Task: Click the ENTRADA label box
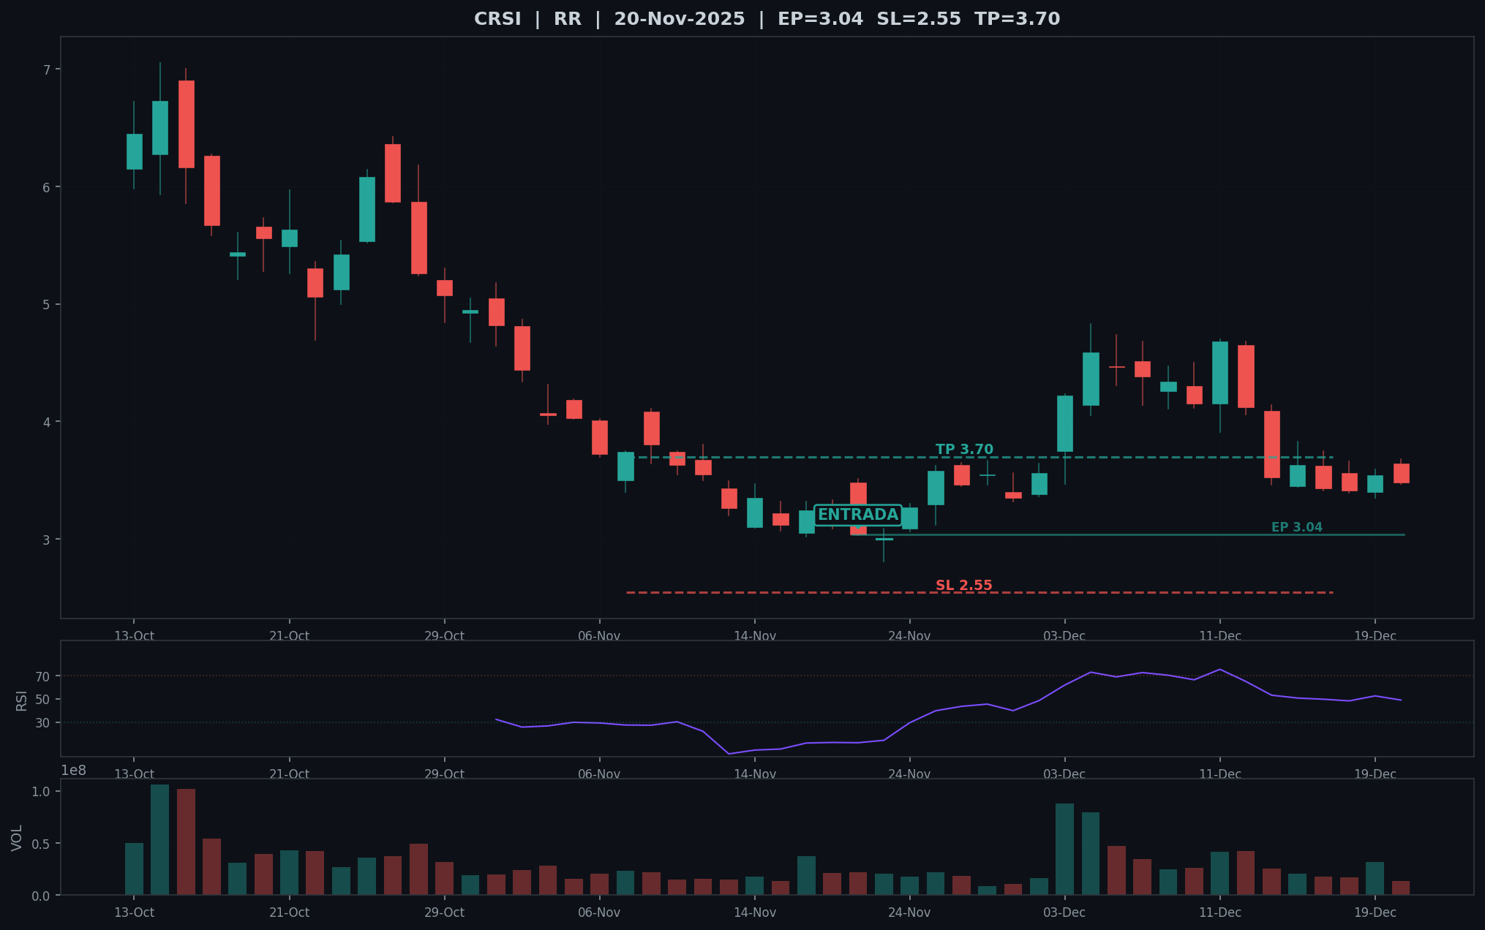coord(858,515)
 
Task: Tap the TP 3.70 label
coord(964,450)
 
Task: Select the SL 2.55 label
coord(964,586)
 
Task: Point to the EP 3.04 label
coord(1297,527)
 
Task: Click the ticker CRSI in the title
coord(497,19)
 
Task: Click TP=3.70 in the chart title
coord(1018,19)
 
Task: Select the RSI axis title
coord(21,700)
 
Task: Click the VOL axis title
coord(17,838)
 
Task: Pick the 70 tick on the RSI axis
coord(42,676)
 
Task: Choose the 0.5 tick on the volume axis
coord(41,844)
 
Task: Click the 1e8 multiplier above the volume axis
coord(73,771)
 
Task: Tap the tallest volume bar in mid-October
coord(160,839)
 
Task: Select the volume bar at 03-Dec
coord(1065,849)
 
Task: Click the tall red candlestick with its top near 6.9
coord(187,124)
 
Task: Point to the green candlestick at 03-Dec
coord(1065,423)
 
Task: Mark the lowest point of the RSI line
coord(729,754)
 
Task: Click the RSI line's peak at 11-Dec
coord(1219,669)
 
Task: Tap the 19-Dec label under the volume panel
coord(1375,912)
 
